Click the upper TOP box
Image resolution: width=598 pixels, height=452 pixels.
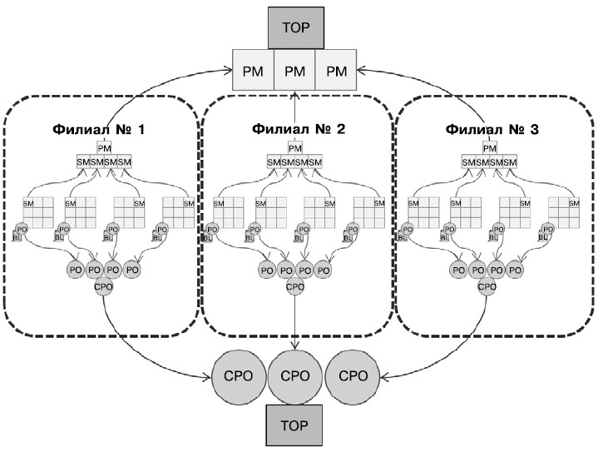[x=295, y=27]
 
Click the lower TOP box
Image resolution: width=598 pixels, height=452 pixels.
[x=295, y=425]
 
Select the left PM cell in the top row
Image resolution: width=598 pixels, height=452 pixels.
[x=254, y=71]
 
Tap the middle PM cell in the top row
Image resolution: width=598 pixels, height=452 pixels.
[x=295, y=71]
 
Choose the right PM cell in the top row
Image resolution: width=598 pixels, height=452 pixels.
[x=336, y=71]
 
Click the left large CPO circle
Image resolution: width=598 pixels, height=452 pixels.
[x=240, y=376]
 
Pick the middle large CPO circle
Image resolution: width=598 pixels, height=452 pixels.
[x=295, y=376]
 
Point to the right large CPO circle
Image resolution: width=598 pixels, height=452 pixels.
[x=353, y=376]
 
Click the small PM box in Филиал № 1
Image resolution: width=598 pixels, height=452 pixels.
[x=105, y=147]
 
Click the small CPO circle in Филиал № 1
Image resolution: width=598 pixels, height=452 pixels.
[x=104, y=287]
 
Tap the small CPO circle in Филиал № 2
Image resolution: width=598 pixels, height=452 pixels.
[x=295, y=287]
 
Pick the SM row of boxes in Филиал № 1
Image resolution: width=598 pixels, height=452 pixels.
[x=105, y=161]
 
